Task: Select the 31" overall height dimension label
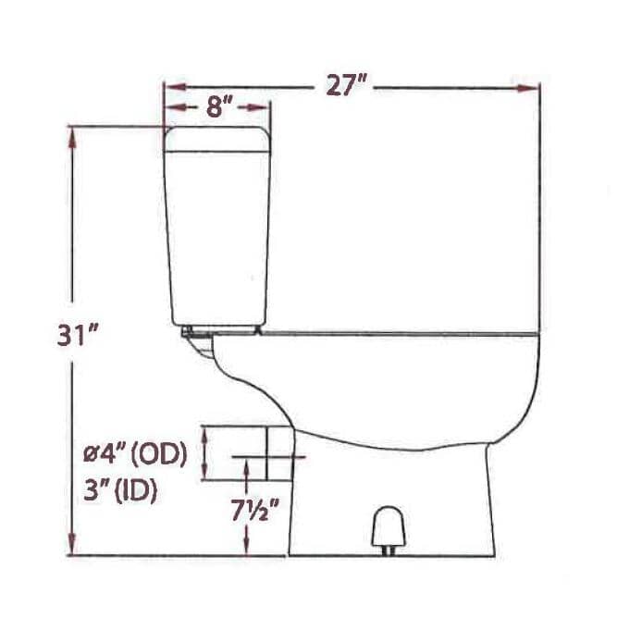(x=77, y=335)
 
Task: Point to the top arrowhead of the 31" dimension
(x=72, y=135)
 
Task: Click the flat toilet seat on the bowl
(x=398, y=330)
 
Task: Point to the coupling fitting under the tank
(x=196, y=337)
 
